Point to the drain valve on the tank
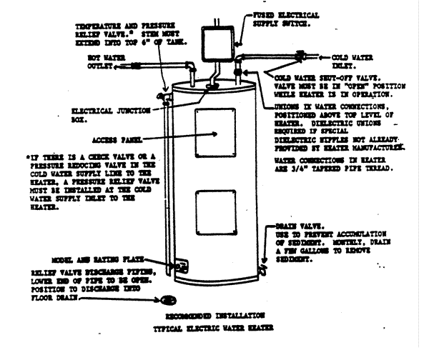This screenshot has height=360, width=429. pyautogui.click(x=264, y=269)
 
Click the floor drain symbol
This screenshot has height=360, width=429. pyautogui.click(x=169, y=299)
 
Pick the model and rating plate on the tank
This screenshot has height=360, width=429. pyautogui.click(x=179, y=266)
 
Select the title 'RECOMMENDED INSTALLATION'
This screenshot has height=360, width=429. pyautogui.click(x=216, y=314)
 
